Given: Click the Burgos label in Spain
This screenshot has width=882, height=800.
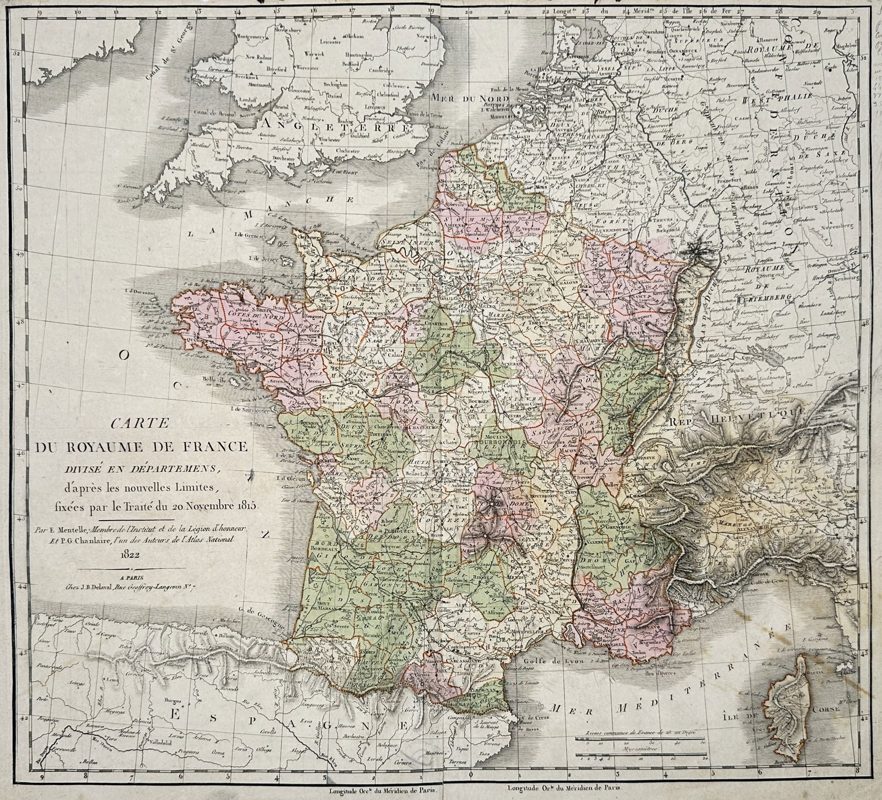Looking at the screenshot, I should pos(166,701).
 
